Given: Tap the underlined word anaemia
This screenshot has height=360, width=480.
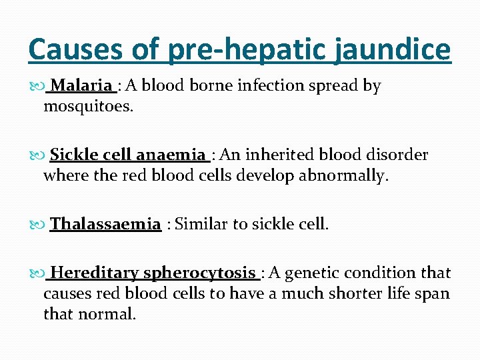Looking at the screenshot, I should (171, 155).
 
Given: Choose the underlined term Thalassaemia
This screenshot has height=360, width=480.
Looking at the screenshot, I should (105, 224).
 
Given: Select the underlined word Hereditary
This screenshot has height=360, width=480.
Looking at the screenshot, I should (95, 273).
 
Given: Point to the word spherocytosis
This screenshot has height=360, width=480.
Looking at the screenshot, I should (200, 273).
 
